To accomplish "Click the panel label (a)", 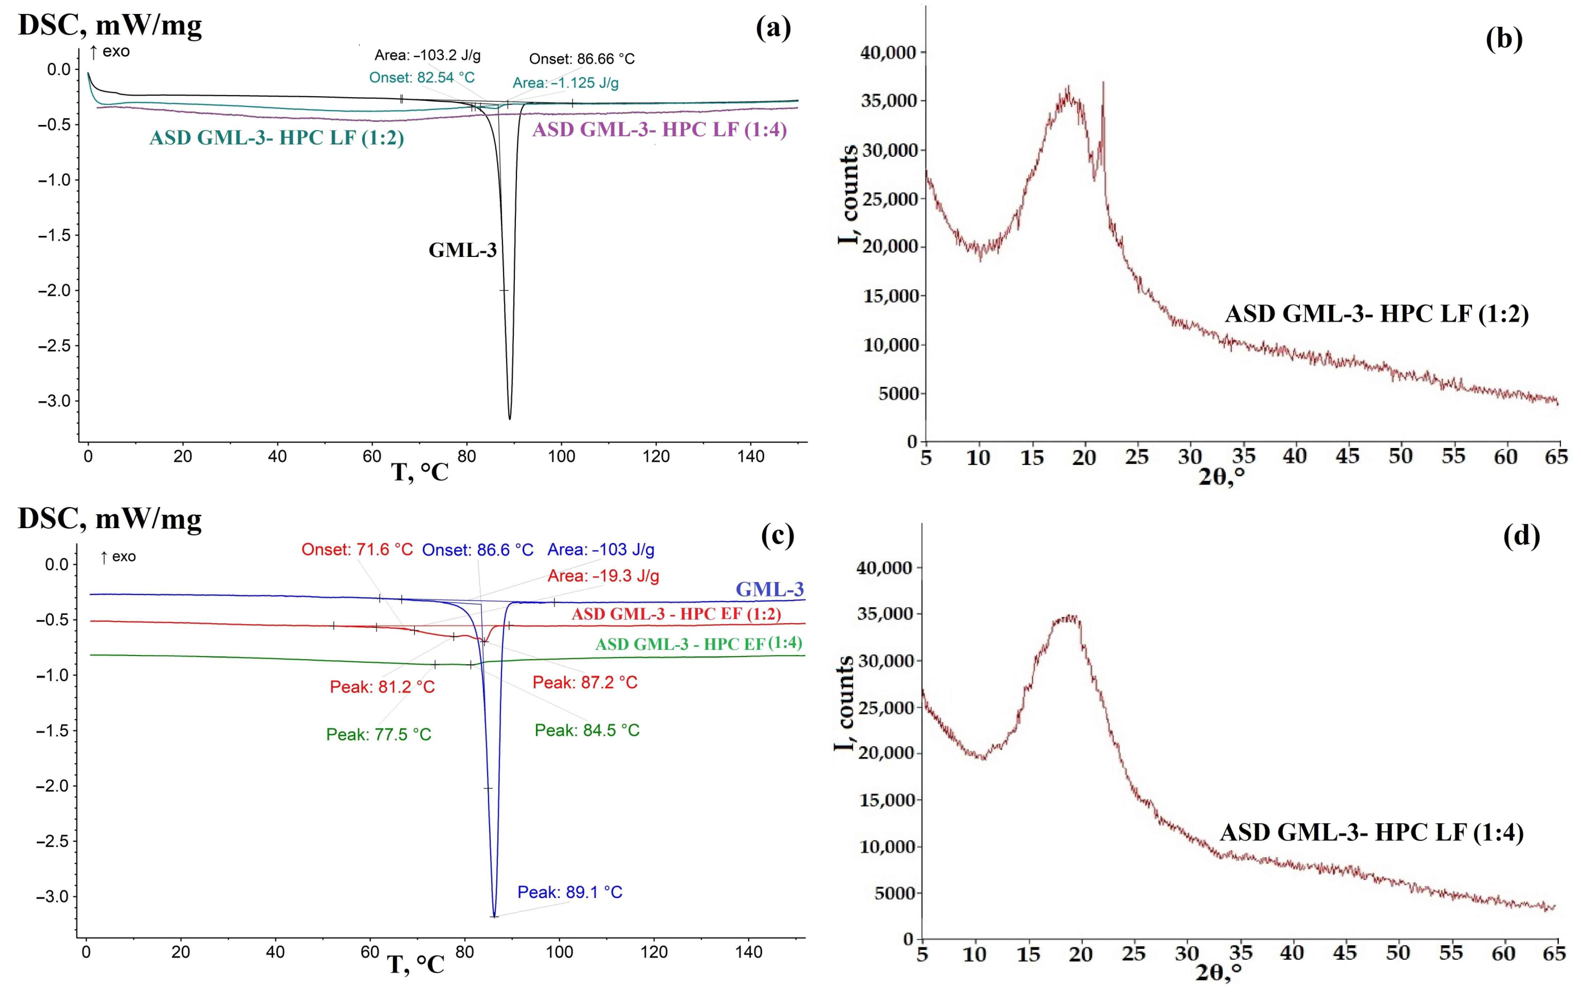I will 774,28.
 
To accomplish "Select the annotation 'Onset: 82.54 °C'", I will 422,78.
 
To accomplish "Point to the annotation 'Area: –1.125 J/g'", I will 565,83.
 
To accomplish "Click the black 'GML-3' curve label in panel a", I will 462,250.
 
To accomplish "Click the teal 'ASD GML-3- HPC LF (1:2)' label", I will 277,138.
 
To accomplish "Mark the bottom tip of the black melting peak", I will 509,418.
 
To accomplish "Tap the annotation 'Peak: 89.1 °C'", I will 569,892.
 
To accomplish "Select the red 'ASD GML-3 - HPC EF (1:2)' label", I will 676,614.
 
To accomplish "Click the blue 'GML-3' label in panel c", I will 770,589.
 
